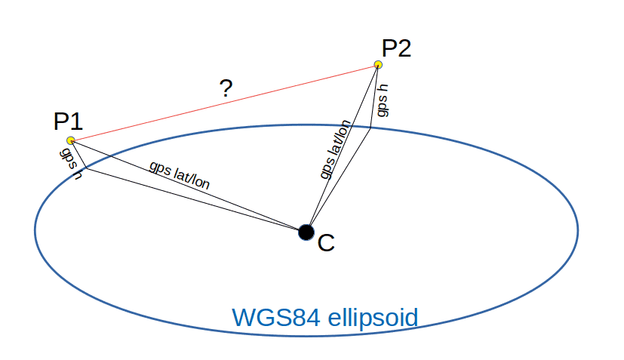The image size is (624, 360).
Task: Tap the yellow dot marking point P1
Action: [x=70, y=140]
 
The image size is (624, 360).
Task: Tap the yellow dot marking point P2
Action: [x=378, y=66]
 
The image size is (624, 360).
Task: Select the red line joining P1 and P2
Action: [x=226, y=103]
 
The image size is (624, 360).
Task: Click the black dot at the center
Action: [x=306, y=232]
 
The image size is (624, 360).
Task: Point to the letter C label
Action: [x=325, y=243]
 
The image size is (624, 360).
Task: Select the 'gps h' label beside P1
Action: [x=69, y=162]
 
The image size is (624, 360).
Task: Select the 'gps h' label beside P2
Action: [x=383, y=100]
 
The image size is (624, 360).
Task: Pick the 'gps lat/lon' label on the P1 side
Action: [x=180, y=174]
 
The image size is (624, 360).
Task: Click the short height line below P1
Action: [x=78, y=154]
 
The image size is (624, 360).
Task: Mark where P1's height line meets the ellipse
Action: [x=86, y=168]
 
